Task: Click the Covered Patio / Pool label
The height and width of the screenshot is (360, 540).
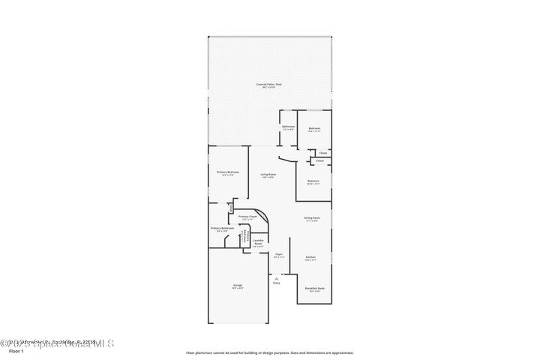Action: pyautogui.click(x=269, y=85)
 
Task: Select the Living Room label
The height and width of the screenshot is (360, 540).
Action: pyautogui.click(x=268, y=176)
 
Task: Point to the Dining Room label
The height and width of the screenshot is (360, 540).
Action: pyautogui.click(x=311, y=219)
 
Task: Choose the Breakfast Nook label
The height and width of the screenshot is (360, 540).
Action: pyautogui.click(x=314, y=289)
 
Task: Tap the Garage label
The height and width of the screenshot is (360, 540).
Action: pyautogui.click(x=237, y=286)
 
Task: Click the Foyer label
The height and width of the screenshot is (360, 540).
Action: pyautogui.click(x=278, y=255)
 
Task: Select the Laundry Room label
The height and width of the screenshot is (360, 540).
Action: pyautogui.click(x=258, y=242)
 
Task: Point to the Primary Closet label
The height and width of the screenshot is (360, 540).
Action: pyautogui.click(x=247, y=217)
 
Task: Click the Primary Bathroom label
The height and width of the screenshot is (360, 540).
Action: pyautogui.click(x=222, y=229)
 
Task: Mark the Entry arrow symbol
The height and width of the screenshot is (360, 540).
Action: pyautogui.click(x=276, y=277)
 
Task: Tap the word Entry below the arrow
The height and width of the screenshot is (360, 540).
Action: pyautogui.click(x=276, y=283)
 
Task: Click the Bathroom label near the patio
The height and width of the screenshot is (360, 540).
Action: pyautogui.click(x=288, y=127)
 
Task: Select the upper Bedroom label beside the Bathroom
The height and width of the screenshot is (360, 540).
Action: pyautogui.click(x=314, y=129)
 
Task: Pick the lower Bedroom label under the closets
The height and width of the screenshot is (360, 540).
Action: pyautogui.click(x=313, y=181)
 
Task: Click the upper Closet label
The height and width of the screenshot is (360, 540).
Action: pyautogui.click(x=322, y=153)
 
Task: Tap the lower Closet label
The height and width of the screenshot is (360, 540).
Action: pyautogui.click(x=319, y=160)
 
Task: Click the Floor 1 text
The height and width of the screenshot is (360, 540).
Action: pyautogui.click(x=16, y=350)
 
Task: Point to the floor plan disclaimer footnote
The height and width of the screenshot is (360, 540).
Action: pyautogui.click(x=269, y=352)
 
